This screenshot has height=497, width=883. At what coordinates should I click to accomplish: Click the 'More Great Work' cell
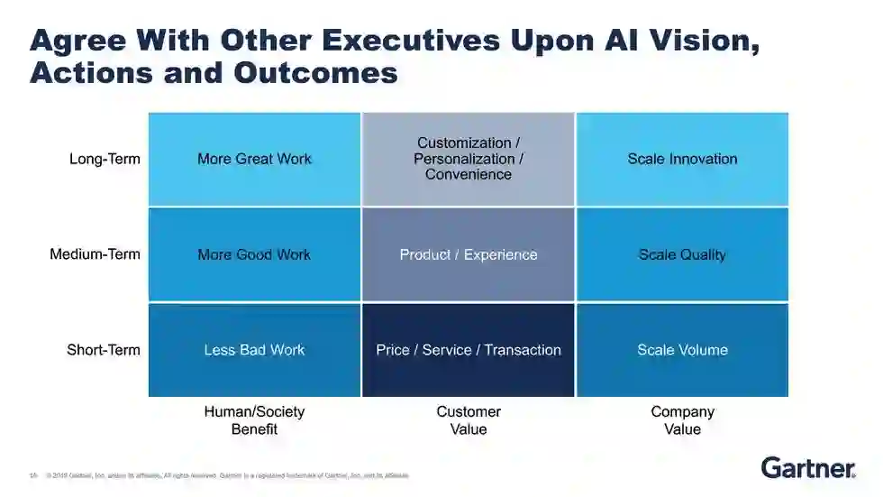pos(254,159)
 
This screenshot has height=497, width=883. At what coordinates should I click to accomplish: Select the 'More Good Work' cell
pos(254,254)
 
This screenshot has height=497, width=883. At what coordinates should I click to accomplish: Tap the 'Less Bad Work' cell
pos(254,350)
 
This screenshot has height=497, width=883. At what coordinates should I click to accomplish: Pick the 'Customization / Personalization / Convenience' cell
pos(469,159)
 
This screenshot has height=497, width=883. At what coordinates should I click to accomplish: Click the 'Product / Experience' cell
pos(469,254)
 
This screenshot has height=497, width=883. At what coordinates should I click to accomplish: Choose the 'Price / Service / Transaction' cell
pos(469,350)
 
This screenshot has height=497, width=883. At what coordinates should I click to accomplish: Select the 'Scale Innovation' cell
pos(682,159)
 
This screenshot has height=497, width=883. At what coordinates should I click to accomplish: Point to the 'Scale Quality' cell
pos(682,254)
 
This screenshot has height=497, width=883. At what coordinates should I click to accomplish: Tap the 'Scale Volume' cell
pos(682,350)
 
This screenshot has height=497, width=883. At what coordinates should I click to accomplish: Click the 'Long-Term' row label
pos(105,159)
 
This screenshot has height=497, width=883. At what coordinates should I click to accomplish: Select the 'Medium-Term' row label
pos(95,254)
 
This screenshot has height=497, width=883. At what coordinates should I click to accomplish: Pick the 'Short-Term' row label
pos(104,350)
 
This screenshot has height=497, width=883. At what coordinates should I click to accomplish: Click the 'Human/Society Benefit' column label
pos(254,420)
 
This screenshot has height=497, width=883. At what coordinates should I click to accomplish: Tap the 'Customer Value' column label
pos(469,420)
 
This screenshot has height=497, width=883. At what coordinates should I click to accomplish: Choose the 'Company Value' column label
pos(682,420)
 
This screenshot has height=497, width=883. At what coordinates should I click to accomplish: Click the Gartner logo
pos(808,467)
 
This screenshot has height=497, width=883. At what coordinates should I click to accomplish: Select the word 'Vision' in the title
pos(684,41)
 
